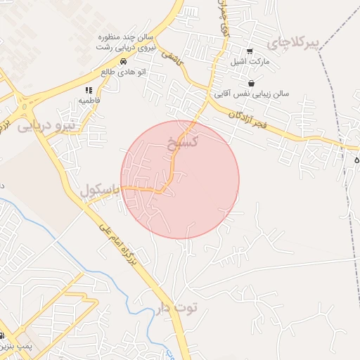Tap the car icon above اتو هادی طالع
(123, 61)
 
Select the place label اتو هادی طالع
(117, 71)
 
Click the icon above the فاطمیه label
(89, 90)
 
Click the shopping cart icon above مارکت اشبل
(250, 51)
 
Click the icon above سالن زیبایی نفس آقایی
(251, 84)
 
